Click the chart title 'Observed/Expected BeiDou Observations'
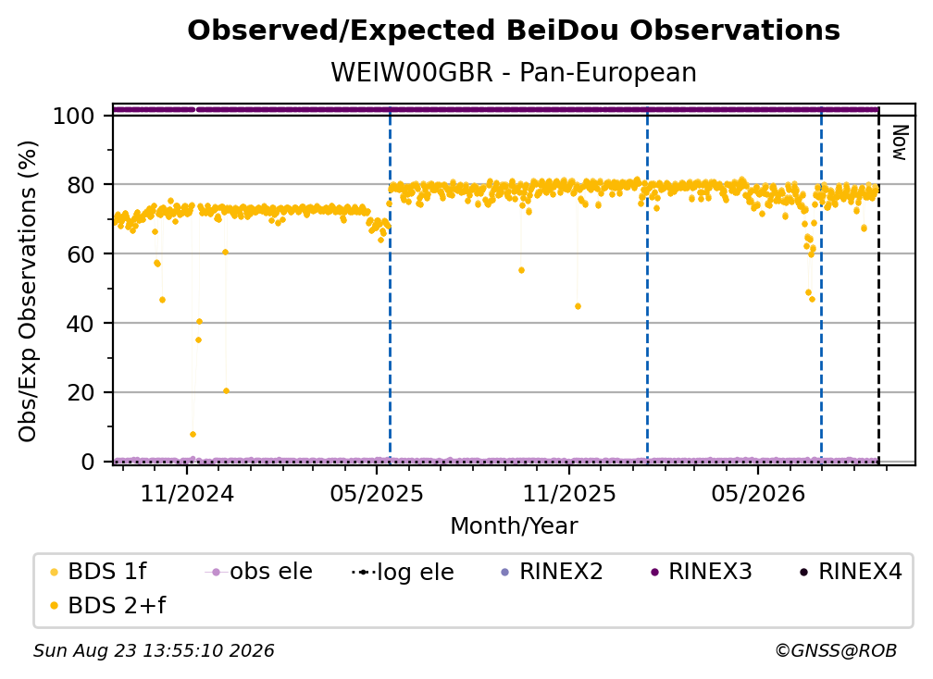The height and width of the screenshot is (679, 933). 514,31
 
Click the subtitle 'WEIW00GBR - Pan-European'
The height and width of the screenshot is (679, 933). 514,72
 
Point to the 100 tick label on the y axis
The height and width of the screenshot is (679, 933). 73,116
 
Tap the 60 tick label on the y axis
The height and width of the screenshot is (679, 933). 81,253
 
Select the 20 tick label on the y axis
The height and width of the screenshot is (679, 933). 81,392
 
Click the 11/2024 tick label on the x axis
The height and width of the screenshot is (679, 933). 187,493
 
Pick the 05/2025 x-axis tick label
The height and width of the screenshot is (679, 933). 376,493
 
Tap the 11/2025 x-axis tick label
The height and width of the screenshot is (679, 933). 569,493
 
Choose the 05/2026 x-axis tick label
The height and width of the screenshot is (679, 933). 757,493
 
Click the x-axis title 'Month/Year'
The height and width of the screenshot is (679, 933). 514,526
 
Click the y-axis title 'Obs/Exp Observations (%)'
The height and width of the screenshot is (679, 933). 28,291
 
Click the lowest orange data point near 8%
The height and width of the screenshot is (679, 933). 193,435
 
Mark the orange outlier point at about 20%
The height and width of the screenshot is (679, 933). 226,391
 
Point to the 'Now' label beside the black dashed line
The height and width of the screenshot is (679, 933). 900,142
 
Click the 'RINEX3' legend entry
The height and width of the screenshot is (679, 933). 702,572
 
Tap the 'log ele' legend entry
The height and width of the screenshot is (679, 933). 403,572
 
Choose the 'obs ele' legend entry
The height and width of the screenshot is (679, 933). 259,572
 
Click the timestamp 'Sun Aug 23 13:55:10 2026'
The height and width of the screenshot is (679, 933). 154,651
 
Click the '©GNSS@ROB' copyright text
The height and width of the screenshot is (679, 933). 836,651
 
